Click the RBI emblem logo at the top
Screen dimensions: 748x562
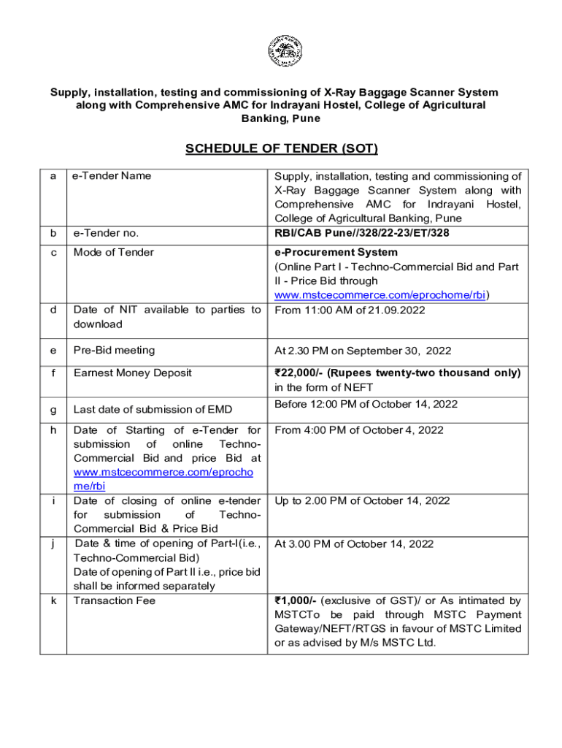(x=281, y=51)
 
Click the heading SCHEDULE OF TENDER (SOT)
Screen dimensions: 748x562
(x=282, y=149)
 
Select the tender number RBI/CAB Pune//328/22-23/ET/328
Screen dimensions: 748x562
(x=362, y=233)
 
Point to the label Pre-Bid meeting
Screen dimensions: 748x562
(x=115, y=351)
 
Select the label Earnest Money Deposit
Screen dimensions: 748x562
(x=132, y=373)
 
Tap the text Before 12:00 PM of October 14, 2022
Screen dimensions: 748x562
(x=366, y=404)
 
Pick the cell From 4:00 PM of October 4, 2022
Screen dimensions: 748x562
(x=359, y=430)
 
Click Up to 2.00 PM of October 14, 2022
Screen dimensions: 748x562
(x=362, y=501)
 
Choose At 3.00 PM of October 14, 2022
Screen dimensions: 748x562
(x=354, y=544)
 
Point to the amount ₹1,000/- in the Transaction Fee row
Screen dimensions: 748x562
(x=296, y=601)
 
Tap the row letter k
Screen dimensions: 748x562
(x=53, y=601)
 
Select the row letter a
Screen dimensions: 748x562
(x=53, y=176)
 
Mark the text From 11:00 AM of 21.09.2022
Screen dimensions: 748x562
(x=350, y=310)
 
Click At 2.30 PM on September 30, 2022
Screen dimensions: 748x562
(x=363, y=351)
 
